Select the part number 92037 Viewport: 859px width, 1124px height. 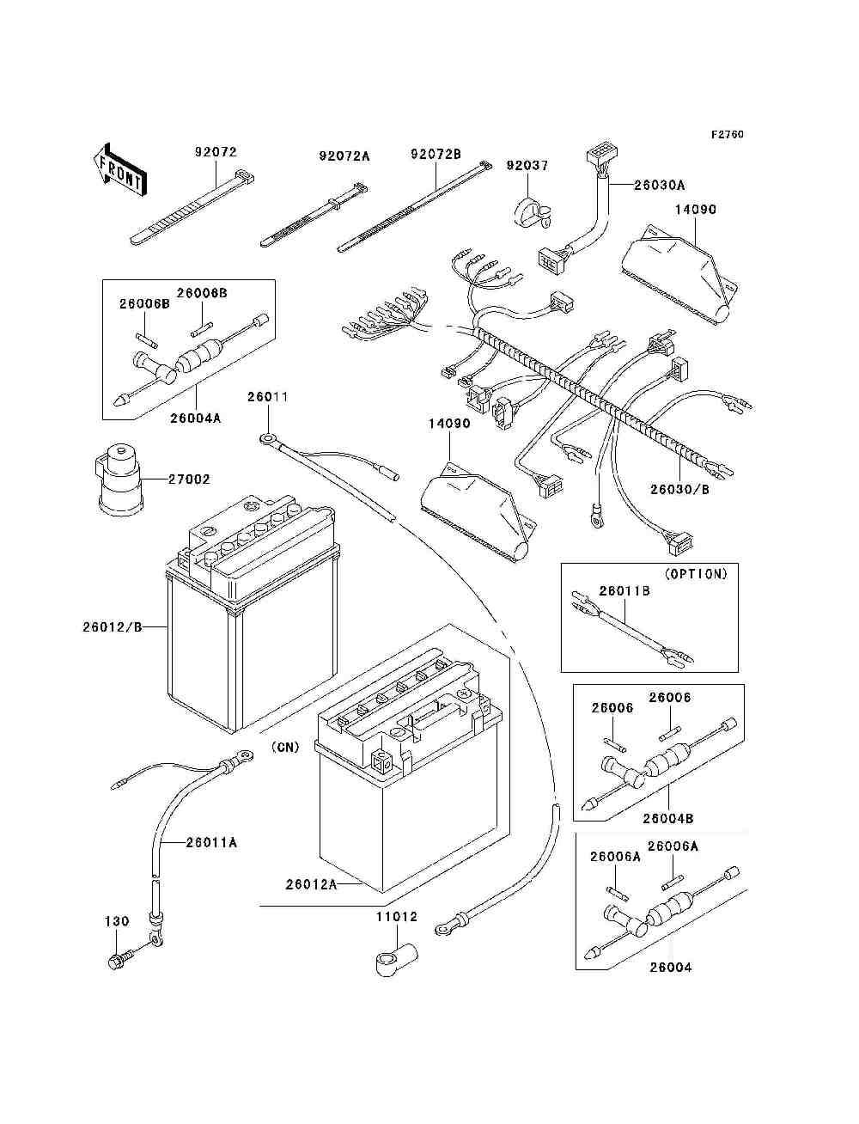pos(527,166)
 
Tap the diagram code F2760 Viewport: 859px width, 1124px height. pos(727,134)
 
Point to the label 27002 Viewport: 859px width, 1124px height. pos(189,480)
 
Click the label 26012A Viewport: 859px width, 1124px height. pos(311,883)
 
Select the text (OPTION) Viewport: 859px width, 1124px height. pos(696,574)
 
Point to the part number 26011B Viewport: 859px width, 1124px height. pos(624,591)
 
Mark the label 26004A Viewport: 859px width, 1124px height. pos(195,418)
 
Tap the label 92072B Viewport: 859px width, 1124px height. pos(436,155)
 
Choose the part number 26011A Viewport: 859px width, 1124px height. pos(211,843)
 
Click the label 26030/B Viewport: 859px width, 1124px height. pos(680,489)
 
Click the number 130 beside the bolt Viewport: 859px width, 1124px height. pos(117,921)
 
